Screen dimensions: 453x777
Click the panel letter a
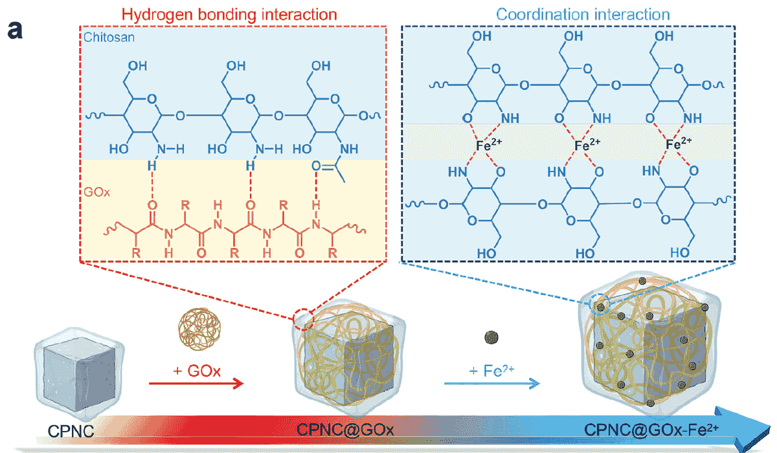pos(15,30)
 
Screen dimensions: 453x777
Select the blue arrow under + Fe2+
pos(492,383)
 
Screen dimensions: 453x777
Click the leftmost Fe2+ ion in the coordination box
pos(487,146)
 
